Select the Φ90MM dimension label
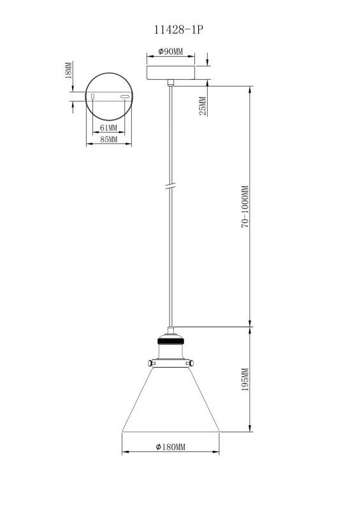pos(170,52)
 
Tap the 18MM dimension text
pos(69,71)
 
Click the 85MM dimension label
pos(109,140)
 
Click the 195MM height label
pos(244,381)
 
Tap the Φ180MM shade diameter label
pos(170,448)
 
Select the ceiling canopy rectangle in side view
pos(170,71)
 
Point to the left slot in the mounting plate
pos(93,96)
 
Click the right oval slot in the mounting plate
pos(125,96)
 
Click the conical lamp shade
pos(170,402)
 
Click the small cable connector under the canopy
pos(170,82)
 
